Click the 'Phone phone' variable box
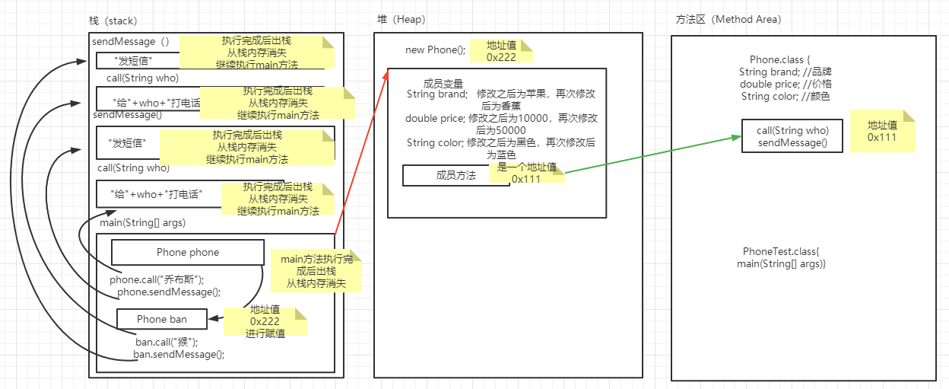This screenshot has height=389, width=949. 187,252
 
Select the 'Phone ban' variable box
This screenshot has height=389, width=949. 161,319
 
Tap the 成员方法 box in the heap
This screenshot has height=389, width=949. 455,176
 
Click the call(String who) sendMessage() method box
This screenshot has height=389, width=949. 792,136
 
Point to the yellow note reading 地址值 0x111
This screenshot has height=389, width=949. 881,131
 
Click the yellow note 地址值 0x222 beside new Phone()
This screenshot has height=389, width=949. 501,51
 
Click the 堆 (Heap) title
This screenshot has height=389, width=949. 401,20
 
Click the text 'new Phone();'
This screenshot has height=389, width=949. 435,50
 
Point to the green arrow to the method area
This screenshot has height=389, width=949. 654,154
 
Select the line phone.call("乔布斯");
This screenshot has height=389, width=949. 157,279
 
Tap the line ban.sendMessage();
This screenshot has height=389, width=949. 179,354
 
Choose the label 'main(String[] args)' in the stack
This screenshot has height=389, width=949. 142,222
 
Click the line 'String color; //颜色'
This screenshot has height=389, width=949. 786,96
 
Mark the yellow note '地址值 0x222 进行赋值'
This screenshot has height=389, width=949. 265,321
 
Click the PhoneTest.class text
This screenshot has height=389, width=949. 781,251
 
